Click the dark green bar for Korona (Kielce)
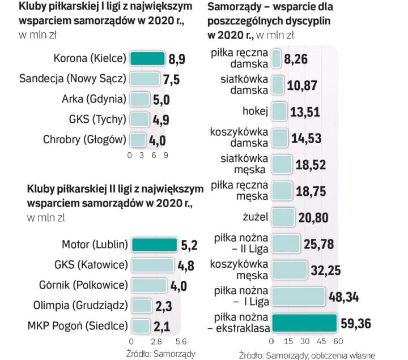[x=147, y=58]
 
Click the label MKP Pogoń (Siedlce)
[x=76, y=326]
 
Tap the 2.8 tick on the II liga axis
[x=156, y=342]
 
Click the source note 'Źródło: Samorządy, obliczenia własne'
[x=307, y=355]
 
